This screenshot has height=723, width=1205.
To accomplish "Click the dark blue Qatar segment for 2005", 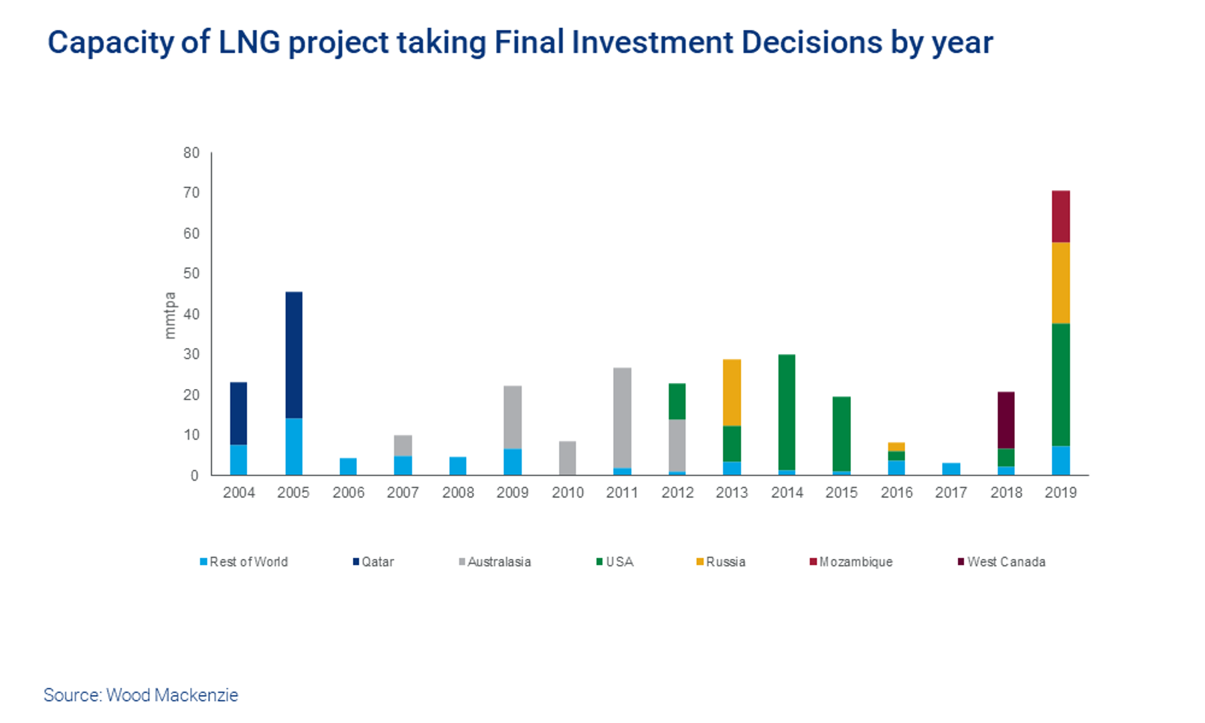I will click(293, 355).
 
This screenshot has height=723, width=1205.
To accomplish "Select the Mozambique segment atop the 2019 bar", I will click(1060, 216).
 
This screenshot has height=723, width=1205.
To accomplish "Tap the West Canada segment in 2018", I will click(1006, 420).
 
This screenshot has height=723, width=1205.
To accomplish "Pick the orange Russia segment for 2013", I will click(732, 392).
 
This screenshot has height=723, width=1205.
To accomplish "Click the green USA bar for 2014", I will click(787, 412).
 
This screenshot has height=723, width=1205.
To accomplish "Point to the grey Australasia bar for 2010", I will click(567, 458).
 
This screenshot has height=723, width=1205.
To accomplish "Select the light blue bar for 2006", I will click(348, 467).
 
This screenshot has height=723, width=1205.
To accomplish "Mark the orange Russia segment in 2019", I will click(1060, 283).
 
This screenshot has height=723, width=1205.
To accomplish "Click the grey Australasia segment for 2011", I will click(622, 418).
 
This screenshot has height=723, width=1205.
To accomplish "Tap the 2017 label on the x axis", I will click(951, 493).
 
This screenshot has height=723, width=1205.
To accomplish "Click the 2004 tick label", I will click(239, 493).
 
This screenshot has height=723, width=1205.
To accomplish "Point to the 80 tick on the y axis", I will click(191, 153).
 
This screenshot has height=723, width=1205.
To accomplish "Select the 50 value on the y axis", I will click(191, 273).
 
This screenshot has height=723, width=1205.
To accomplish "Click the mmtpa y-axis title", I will click(170, 315).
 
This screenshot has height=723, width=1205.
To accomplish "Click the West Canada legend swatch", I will click(961, 562).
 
